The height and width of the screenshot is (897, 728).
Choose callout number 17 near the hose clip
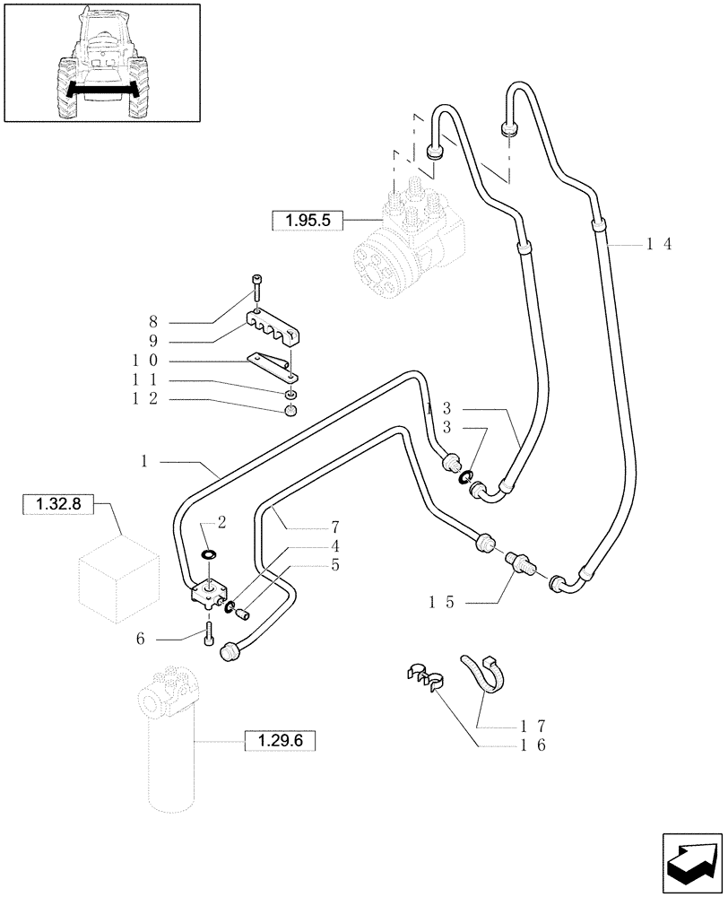click(536, 725)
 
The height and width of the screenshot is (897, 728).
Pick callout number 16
click(536, 745)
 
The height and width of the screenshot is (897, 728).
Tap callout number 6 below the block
click(141, 639)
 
